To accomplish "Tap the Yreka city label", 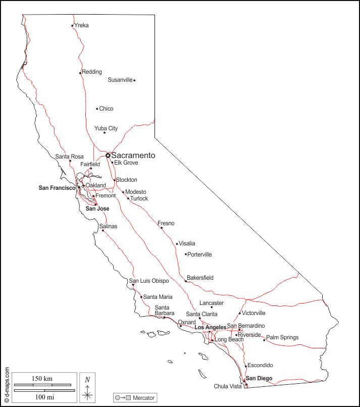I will click(x=81, y=25).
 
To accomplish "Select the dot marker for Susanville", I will click(x=134, y=80).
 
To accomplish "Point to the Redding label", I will click(x=92, y=72).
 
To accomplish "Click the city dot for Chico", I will click(x=97, y=109).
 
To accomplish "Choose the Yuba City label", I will click(x=106, y=128).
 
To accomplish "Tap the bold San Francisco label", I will click(x=57, y=188).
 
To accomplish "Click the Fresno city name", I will click(x=166, y=223).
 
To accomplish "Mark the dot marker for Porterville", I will click(x=186, y=255).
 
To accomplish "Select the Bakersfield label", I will click(x=200, y=278).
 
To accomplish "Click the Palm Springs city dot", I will click(x=264, y=340).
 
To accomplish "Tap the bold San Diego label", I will click(x=259, y=378).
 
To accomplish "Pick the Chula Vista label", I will click(x=228, y=386).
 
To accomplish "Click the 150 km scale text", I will click(x=42, y=379).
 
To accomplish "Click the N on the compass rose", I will click(x=87, y=380).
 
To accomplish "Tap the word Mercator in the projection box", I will click(x=143, y=398).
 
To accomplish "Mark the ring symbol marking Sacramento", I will click(x=108, y=156).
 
